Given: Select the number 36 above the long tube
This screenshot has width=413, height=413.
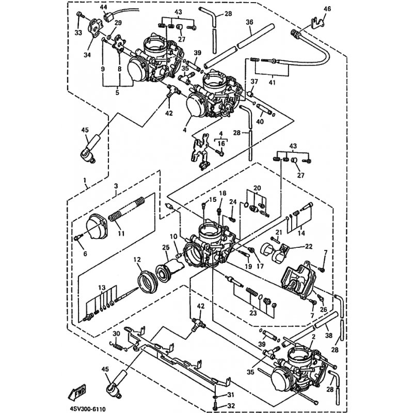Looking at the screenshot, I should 249,22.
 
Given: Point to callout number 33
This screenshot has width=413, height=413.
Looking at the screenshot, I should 78,34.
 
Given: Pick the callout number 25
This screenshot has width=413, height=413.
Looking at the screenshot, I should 166,248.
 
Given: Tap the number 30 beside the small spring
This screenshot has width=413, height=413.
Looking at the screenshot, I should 116,333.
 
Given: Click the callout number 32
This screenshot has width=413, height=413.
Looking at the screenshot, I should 217,406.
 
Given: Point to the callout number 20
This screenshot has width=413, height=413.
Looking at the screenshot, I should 257,187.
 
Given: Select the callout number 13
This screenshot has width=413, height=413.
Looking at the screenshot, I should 102,288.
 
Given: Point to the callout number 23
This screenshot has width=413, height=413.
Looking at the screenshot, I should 253,312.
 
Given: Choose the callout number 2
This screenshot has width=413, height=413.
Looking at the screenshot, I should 313,337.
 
